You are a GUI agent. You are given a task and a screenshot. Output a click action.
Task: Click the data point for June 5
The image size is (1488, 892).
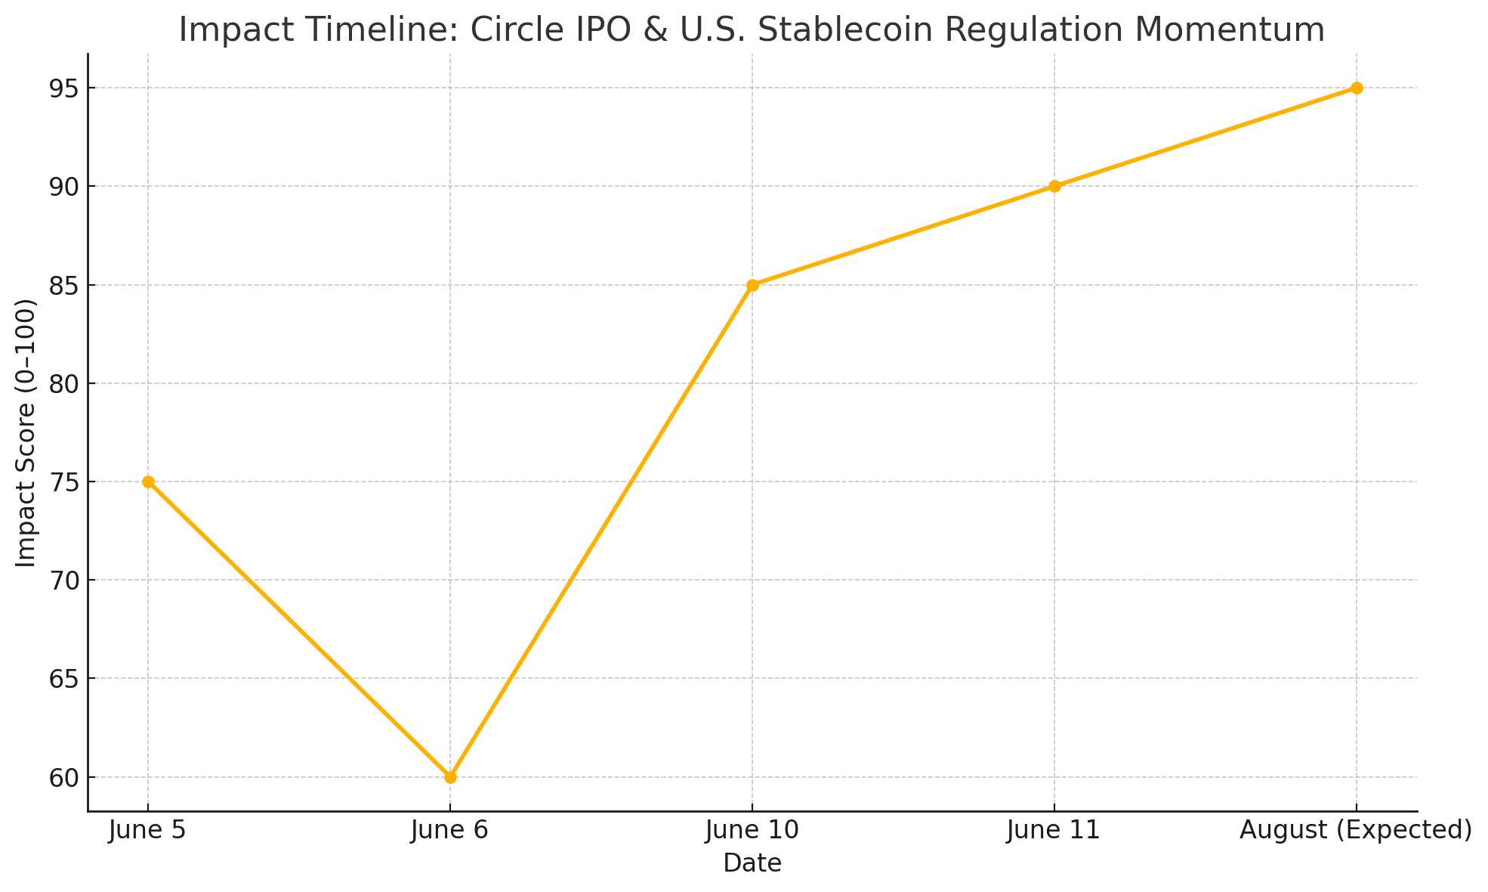[x=148, y=482]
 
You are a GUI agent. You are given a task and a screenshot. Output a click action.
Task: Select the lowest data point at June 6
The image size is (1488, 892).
[x=450, y=777]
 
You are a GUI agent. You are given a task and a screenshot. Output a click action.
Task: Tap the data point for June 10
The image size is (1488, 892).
[x=752, y=285]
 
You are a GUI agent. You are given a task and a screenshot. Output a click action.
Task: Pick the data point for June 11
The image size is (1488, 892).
[x=1054, y=187]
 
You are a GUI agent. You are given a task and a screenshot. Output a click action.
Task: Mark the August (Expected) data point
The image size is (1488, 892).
[x=1357, y=88]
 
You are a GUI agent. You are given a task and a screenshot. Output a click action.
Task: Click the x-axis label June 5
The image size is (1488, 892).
[x=148, y=831]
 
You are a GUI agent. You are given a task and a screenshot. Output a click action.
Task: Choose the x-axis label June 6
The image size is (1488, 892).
[x=450, y=831]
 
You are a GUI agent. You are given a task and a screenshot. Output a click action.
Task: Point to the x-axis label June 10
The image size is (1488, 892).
[x=752, y=831]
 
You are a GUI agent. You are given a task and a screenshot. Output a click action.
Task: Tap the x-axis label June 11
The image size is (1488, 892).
[x=1054, y=831]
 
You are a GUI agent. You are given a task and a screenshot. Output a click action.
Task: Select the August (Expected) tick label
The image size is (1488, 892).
[x=1357, y=831]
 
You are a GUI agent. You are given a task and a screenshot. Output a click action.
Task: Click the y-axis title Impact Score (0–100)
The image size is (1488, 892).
[x=26, y=432]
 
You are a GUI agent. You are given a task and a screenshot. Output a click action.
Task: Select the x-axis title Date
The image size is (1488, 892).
[x=752, y=863]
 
